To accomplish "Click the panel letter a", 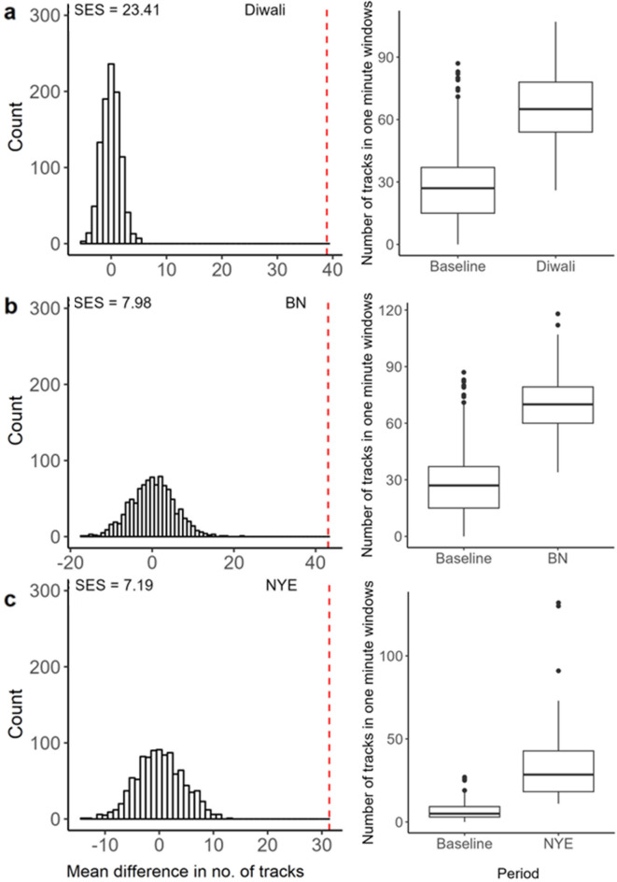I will pos(12,16).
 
